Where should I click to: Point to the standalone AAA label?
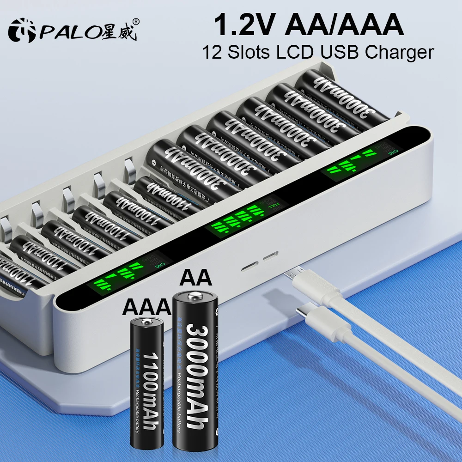[x=145, y=306]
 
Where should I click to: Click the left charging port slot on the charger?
[x=251, y=267]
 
